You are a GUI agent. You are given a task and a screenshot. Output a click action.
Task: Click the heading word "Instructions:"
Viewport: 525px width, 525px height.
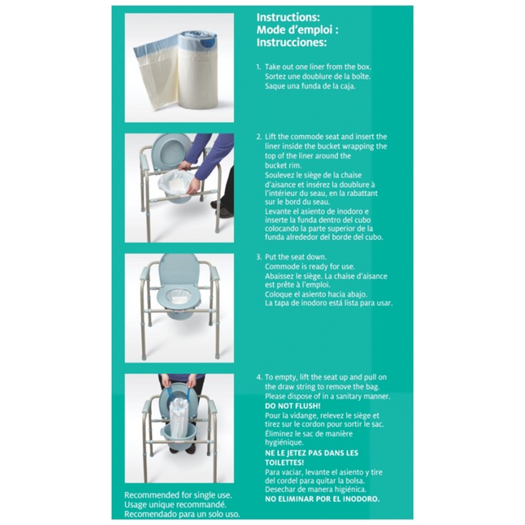click(x=287, y=17)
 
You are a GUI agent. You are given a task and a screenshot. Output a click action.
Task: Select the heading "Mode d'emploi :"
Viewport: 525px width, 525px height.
click(x=297, y=29)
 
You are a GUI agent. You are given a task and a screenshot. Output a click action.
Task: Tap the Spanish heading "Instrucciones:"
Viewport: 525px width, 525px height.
click(x=291, y=42)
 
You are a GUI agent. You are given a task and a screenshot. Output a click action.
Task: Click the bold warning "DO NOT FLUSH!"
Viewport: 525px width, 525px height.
click(x=293, y=405)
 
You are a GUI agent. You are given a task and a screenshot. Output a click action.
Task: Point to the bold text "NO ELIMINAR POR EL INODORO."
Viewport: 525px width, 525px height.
click(x=322, y=499)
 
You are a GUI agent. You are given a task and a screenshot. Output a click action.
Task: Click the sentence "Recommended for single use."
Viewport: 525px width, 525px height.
click(x=178, y=495)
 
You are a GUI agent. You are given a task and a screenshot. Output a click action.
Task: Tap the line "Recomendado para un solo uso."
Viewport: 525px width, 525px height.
click(x=182, y=513)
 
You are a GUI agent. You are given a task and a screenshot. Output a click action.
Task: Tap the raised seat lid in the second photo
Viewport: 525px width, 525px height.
click(x=172, y=149)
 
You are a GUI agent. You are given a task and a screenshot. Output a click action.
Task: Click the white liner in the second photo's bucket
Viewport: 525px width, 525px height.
click(x=178, y=182)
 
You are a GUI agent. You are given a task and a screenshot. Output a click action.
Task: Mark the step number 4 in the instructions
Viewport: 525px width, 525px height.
click(x=259, y=377)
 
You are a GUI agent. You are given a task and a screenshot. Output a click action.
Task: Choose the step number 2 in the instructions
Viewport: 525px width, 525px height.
click(x=259, y=137)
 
